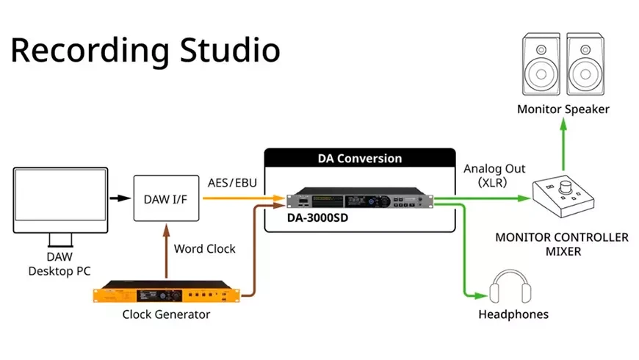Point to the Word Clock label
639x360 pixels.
(x=205, y=248)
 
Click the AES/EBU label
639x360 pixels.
(x=232, y=182)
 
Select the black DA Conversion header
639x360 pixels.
(x=359, y=158)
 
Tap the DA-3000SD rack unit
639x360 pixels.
(x=359, y=200)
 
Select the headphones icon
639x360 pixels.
(x=513, y=287)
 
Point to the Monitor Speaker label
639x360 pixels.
(x=563, y=109)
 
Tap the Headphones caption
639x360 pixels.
(x=513, y=314)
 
